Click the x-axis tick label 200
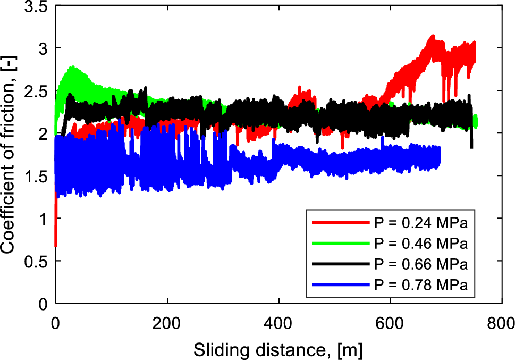(x=167, y=323)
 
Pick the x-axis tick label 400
(x=279, y=323)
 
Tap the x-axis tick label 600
(x=391, y=323)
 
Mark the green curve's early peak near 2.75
(x=72, y=68)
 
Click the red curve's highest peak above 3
(x=433, y=36)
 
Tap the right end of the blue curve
(x=439, y=157)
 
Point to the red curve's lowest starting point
(x=56, y=246)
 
